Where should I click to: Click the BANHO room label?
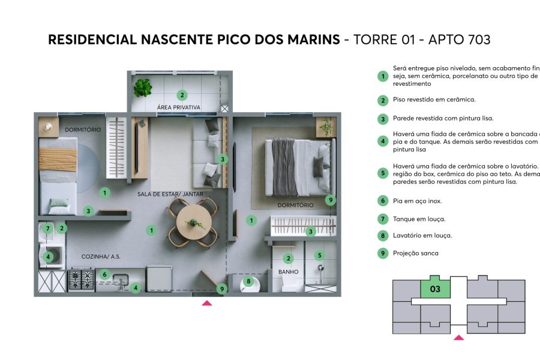pyautogui.click(x=288, y=272)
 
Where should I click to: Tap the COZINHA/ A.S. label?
pyautogui.click(x=101, y=256)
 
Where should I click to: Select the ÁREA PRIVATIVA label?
pyautogui.click(x=178, y=107)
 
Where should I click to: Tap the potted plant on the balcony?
pyautogui.click(x=143, y=88)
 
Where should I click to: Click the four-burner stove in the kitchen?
pyautogui.click(x=82, y=280)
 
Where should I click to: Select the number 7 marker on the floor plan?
pyautogui.click(x=47, y=228)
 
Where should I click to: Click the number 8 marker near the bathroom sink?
pyautogui.click(x=248, y=281)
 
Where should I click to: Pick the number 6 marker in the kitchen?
pyautogui.click(x=104, y=274)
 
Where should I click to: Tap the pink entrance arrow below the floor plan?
pyautogui.click(x=206, y=303)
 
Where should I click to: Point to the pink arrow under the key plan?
pyautogui.click(x=458, y=337)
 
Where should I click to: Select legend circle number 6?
pyautogui.click(x=382, y=201)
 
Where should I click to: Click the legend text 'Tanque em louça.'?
pyautogui.click(x=419, y=219)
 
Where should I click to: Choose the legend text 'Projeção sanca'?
pyautogui.click(x=415, y=253)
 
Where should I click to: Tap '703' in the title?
pyautogui.click(x=476, y=40)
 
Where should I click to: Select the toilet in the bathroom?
pyautogui.click(x=289, y=284)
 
